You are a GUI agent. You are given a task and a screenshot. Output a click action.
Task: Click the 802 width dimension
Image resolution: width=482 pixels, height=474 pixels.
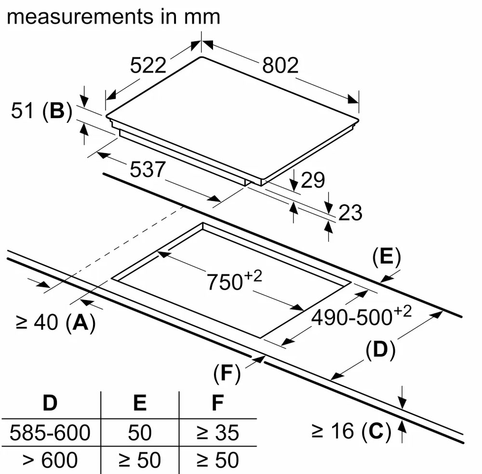[x=280, y=65]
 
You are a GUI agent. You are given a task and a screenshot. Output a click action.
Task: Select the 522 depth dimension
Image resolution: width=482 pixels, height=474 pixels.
[x=148, y=65]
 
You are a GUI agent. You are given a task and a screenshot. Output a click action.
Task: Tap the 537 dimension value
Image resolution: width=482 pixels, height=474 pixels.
[x=147, y=169]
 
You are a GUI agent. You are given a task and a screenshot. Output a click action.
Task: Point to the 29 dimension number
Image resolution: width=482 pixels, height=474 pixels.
[x=313, y=180]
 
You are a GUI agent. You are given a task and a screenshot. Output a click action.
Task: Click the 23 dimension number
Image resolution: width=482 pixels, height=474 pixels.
[x=350, y=212]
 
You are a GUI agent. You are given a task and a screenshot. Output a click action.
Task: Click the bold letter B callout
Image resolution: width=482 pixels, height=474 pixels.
[x=57, y=111]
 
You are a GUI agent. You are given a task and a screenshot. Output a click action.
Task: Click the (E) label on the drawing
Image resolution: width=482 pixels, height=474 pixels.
[x=386, y=258]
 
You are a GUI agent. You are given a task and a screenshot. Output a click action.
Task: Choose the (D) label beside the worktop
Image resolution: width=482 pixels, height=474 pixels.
[x=380, y=350]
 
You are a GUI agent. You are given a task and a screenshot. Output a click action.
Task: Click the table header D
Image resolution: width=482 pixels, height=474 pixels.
[x=50, y=403]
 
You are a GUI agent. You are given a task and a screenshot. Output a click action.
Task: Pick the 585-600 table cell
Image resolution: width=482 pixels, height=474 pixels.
[x=50, y=432]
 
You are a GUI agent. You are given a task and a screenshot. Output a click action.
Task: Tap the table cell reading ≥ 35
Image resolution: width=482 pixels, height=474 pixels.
[x=218, y=432]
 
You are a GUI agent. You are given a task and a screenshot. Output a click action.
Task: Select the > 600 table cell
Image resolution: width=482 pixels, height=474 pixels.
[x=50, y=460]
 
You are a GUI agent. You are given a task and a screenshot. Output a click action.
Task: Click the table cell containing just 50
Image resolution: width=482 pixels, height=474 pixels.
[x=140, y=432]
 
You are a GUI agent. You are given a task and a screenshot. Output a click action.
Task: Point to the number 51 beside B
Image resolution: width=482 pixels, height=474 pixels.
[x=23, y=111]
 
